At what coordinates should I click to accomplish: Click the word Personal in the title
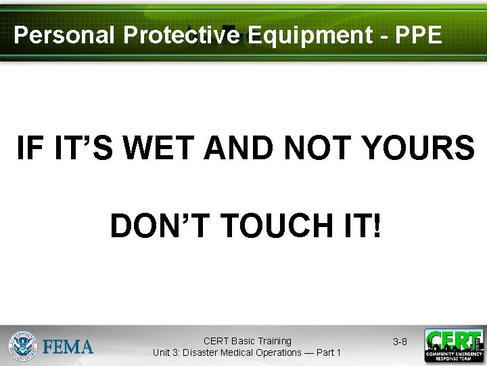[x=64, y=35]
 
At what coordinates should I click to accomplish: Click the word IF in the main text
[x=28, y=148]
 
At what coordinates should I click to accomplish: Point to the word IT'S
[x=89, y=148]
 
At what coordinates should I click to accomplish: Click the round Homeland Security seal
[x=22, y=346]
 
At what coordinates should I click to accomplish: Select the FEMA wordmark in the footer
[x=68, y=347]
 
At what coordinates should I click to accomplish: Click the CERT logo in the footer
[x=454, y=346]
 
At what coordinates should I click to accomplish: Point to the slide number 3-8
[x=400, y=342]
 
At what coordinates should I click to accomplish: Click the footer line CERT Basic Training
[x=247, y=341]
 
